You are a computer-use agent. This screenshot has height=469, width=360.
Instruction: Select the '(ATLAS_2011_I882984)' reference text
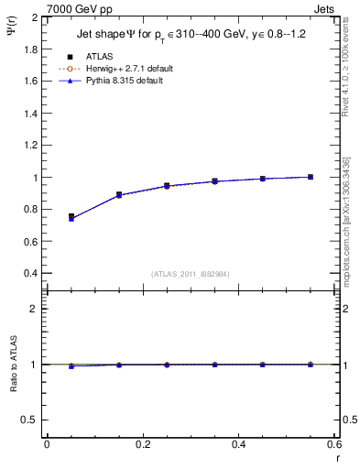(190, 274)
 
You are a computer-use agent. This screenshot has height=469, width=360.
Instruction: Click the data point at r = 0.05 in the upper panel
(71, 217)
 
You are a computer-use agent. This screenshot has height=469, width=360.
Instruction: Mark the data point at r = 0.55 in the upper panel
(311, 177)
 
